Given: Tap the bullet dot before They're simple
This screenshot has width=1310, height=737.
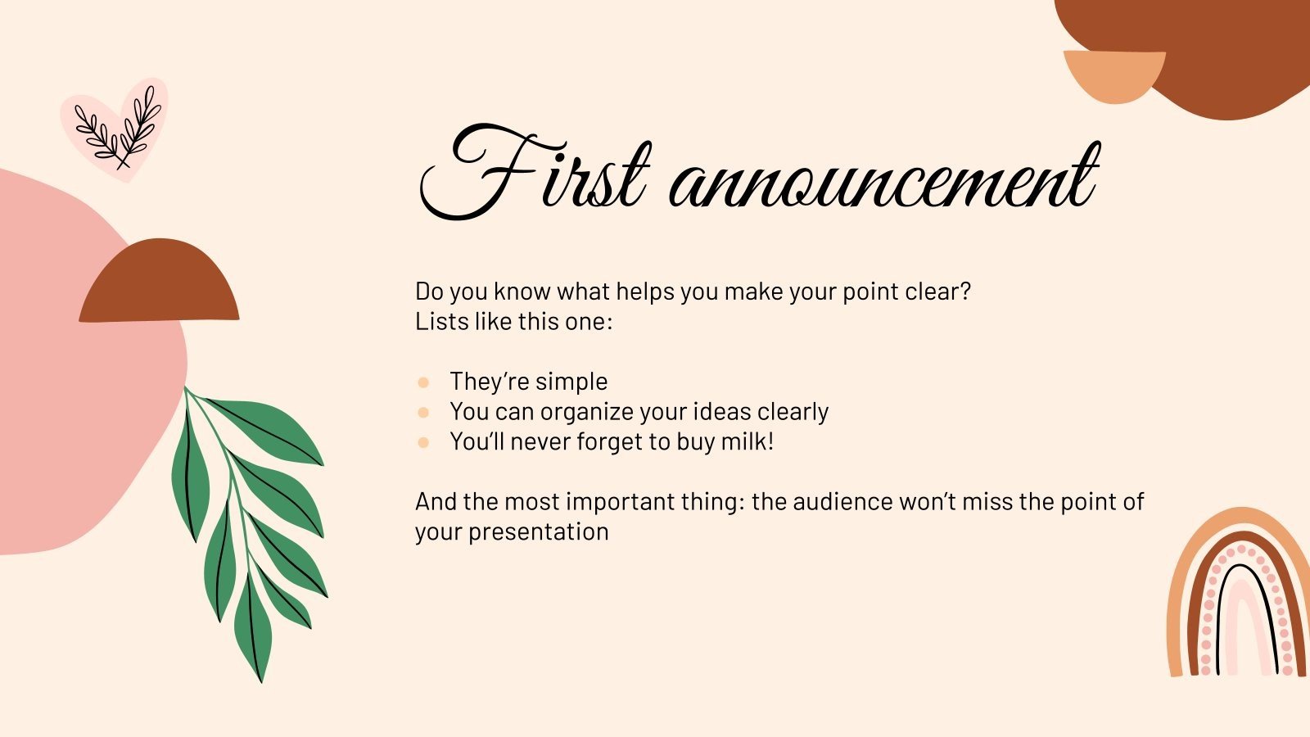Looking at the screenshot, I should pyautogui.click(x=423, y=382).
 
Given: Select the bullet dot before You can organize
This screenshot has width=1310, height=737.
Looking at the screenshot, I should pyautogui.click(x=423, y=412).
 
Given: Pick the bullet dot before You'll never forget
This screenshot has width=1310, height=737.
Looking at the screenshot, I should pyautogui.click(x=423, y=442).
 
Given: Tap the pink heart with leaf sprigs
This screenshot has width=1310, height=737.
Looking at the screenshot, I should pyautogui.click(x=115, y=129).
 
